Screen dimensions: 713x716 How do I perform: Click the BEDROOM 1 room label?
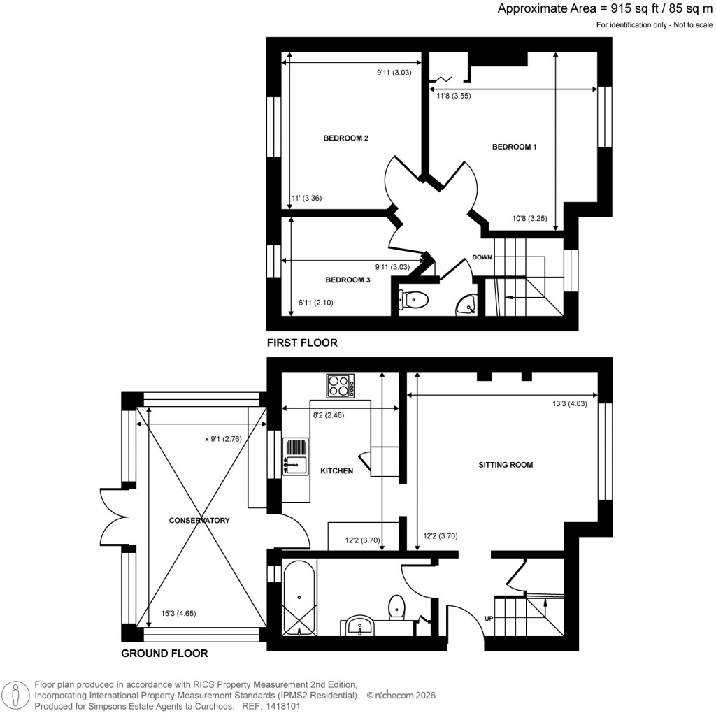pyautogui.click(x=514, y=147)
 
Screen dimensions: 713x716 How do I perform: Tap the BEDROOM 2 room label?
pyautogui.click(x=345, y=138)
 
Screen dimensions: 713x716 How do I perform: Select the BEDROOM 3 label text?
pyautogui.click(x=348, y=280)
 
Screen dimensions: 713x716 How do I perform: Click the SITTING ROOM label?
pyautogui.click(x=506, y=465)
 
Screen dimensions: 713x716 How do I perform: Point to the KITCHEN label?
pyautogui.click(x=336, y=471)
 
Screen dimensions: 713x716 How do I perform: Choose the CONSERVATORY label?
pyautogui.click(x=199, y=521)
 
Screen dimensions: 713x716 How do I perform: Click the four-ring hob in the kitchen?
pyautogui.click(x=341, y=386)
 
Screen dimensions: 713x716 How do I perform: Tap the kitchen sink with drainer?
pyautogui.click(x=295, y=456)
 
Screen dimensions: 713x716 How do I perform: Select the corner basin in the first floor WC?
pyautogui.click(x=466, y=304)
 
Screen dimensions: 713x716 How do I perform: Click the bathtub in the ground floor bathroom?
pyautogui.click(x=299, y=598)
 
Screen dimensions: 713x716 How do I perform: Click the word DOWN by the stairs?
pyautogui.click(x=482, y=257)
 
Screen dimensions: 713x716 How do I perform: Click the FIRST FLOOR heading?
pyautogui.click(x=302, y=343)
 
